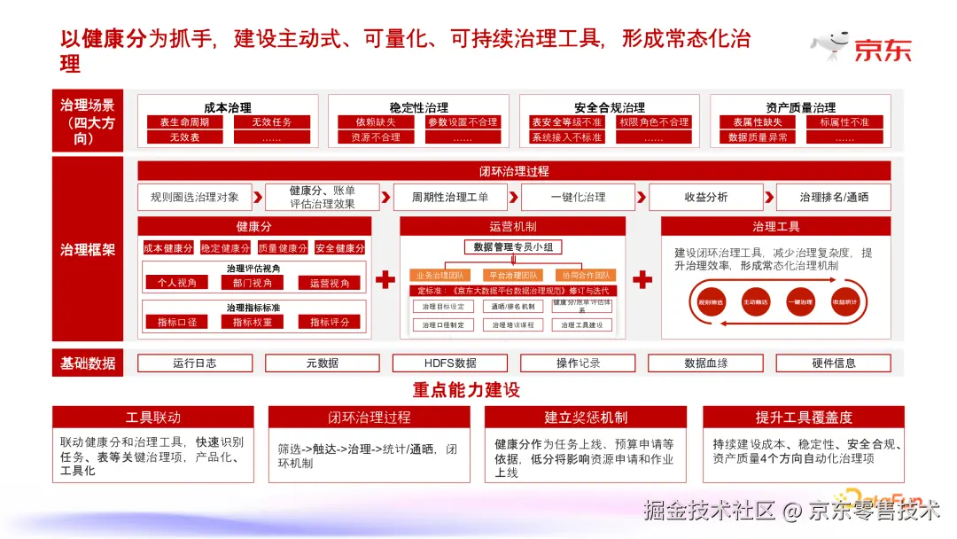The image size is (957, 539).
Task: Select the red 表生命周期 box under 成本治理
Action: (x=184, y=122)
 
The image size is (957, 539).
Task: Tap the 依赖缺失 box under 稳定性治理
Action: (x=376, y=122)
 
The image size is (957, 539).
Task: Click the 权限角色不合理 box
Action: (x=653, y=122)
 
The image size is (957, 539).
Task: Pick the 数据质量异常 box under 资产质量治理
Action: (x=758, y=137)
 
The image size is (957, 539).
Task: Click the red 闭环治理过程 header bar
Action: (x=514, y=171)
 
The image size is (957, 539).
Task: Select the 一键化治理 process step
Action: (x=578, y=197)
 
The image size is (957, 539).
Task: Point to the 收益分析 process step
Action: (x=705, y=197)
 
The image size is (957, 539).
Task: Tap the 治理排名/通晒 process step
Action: (x=833, y=197)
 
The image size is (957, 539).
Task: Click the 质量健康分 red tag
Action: (x=283, y=248)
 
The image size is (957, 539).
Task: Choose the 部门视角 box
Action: (x=258, y=283)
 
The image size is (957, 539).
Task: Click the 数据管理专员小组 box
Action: (x=513, y=247)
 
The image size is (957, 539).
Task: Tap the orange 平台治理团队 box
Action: (x=512, y=276)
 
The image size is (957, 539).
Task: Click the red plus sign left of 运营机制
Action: (x=385, y=280)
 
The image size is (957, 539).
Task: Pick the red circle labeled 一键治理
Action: (x=801, y=302)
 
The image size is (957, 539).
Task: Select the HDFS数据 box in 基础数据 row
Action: (x=450, y=363)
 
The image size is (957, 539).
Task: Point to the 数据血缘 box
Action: (x=705, y=363)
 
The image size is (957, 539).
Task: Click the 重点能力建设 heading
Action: (x=466, y=390)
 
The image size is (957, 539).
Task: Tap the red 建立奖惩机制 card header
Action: (x=586, y=417)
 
